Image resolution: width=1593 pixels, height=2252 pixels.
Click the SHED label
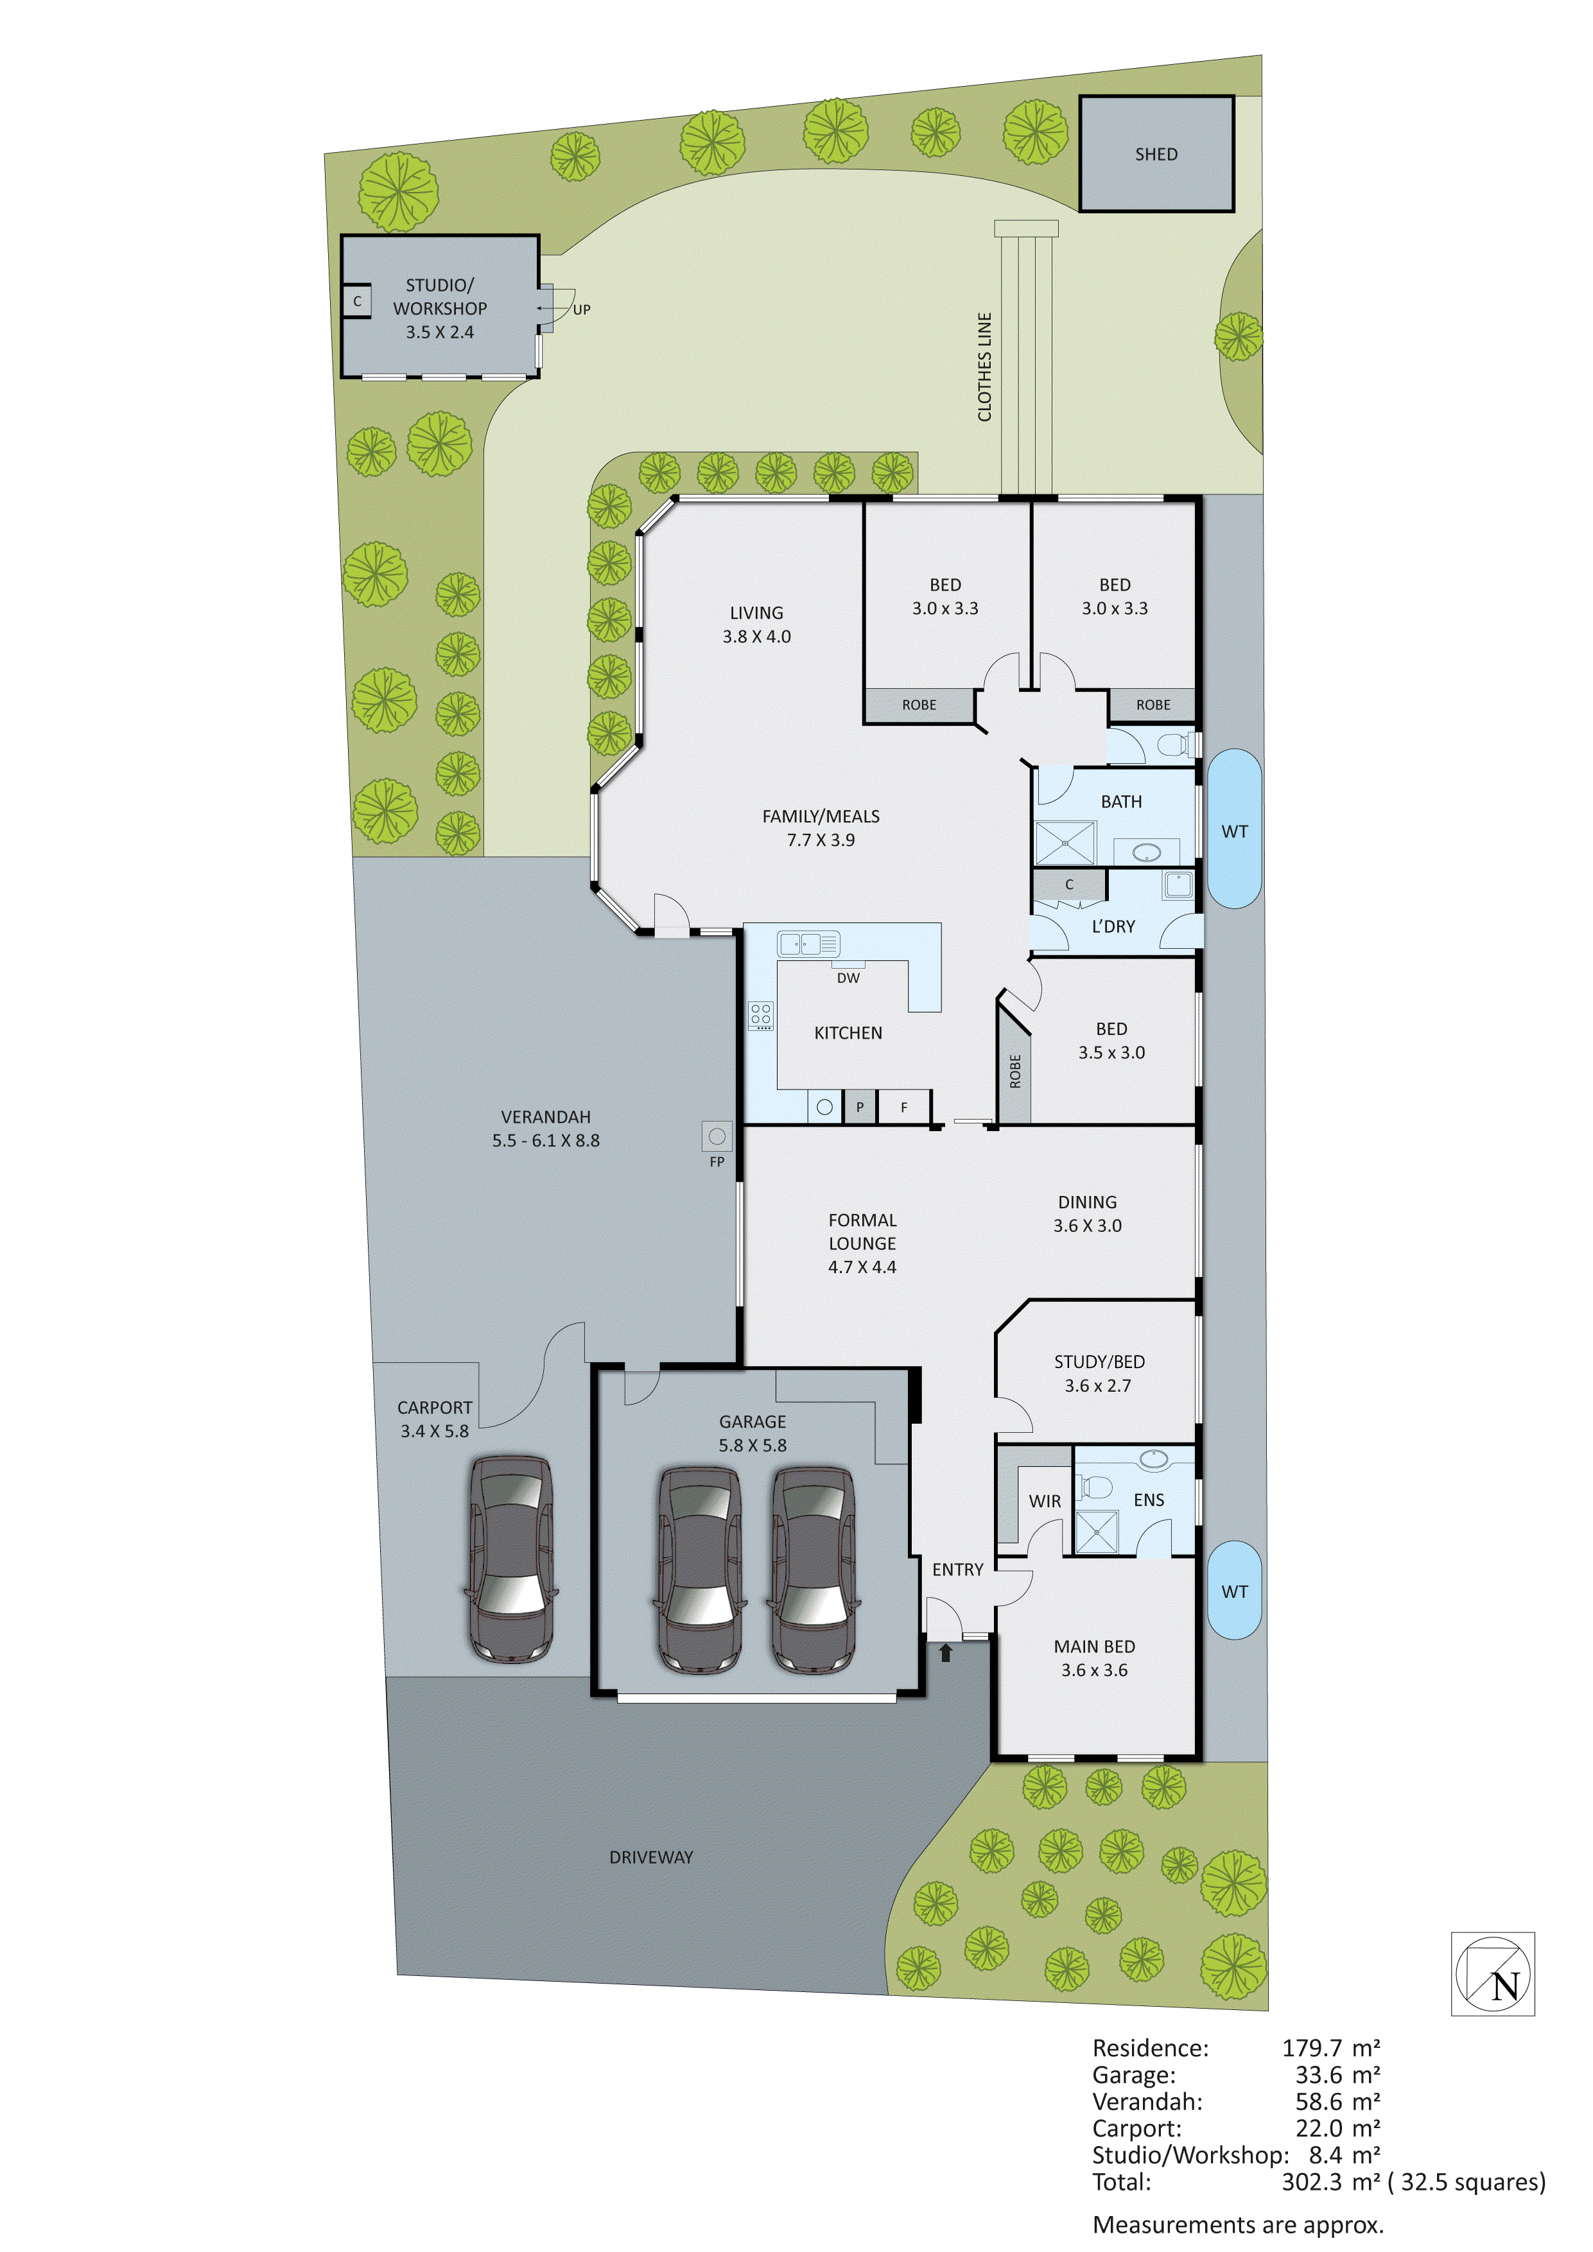coord(1156,154)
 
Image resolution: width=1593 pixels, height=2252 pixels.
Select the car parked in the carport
coord(510,1559)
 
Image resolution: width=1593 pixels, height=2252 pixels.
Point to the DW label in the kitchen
coord(848,978)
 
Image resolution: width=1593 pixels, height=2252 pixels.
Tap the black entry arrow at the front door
coord(946,1652)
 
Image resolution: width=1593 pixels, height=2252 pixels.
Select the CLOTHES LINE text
coord(985,367)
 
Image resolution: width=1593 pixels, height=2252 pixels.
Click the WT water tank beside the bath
coord(1234,830)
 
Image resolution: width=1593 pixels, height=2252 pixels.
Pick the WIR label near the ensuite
coord(1045,1501)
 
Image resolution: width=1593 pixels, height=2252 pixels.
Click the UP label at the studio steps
coord(582,310)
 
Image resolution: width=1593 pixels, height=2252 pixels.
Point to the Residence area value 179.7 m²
coord(1330,2048)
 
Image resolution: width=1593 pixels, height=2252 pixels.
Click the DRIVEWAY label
coord(651,1857)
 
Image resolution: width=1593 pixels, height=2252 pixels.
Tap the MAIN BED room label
coord(1095,1647)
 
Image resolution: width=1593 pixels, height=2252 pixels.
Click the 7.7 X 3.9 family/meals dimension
coord(821,840)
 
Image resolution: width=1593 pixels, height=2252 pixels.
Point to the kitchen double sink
coord(808,944)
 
